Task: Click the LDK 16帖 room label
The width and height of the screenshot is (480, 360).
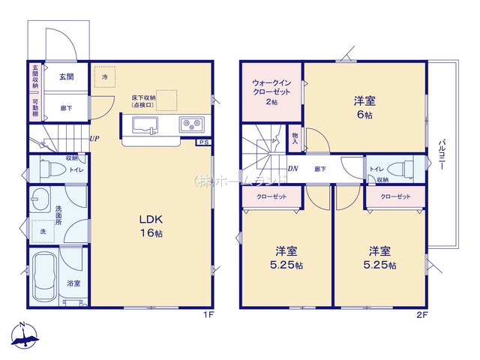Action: tap(150, 226)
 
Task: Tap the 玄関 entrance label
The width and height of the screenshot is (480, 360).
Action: tap(66, 76)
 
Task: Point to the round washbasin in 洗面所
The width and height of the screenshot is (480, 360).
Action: tap(40, 200)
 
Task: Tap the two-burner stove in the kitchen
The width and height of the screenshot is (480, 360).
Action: tap(189, 124)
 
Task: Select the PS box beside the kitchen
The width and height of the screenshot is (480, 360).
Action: tap(202, 142)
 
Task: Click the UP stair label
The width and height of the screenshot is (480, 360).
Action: tap(94, 139)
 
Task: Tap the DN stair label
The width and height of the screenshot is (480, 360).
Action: tap(293, 169)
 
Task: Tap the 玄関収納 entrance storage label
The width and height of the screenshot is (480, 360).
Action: tap(34, 76)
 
